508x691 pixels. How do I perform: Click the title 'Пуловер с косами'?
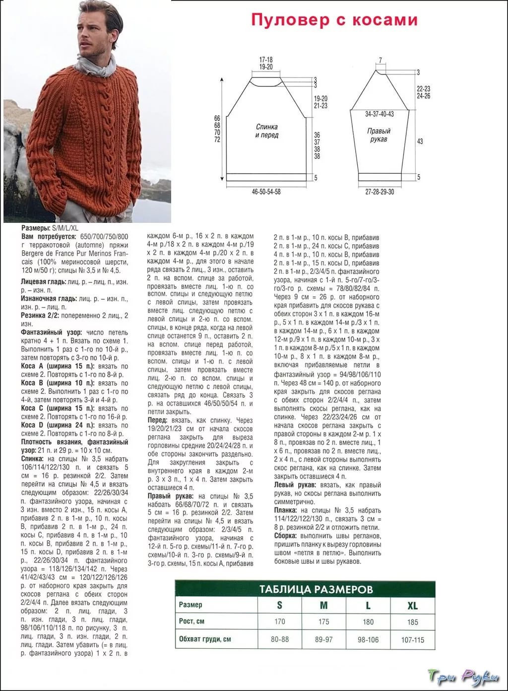(334, 19)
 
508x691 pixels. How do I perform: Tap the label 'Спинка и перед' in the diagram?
(267, 131)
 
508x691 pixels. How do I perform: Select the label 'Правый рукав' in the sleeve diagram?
(379, 135)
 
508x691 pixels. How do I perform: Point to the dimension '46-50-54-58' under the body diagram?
(266, 191)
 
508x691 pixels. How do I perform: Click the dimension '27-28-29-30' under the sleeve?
(380, 191)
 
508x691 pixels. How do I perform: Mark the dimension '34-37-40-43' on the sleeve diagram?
(380, 114)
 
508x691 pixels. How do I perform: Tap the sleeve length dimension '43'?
(420, 141)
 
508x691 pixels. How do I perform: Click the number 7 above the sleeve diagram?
(380, 61)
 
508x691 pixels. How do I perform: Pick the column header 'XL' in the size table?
(412, 606)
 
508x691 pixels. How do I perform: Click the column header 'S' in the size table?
(280, 605)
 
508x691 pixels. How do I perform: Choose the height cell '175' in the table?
(323, 622)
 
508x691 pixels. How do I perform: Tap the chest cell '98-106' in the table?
(368, 640)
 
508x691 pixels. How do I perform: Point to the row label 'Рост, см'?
(192, 621)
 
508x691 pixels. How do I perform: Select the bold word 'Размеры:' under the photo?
(36, 227)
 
